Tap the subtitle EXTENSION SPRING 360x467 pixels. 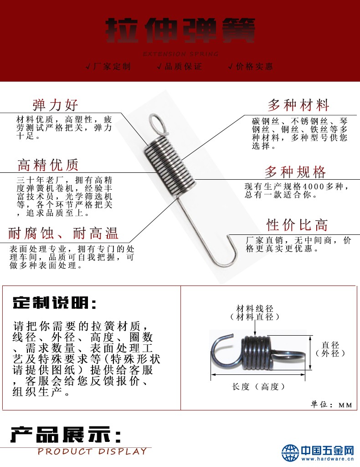181,54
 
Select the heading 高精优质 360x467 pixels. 48,164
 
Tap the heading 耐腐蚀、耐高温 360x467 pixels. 63,234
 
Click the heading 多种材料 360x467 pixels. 298,105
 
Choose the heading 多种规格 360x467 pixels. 295,172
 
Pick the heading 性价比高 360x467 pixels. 297,225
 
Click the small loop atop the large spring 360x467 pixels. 156,122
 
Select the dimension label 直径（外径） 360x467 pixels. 331,349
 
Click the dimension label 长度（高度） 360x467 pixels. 258,387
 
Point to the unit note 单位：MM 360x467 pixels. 331,405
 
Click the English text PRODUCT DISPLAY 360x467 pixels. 92,451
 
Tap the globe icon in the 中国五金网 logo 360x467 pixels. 290,452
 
